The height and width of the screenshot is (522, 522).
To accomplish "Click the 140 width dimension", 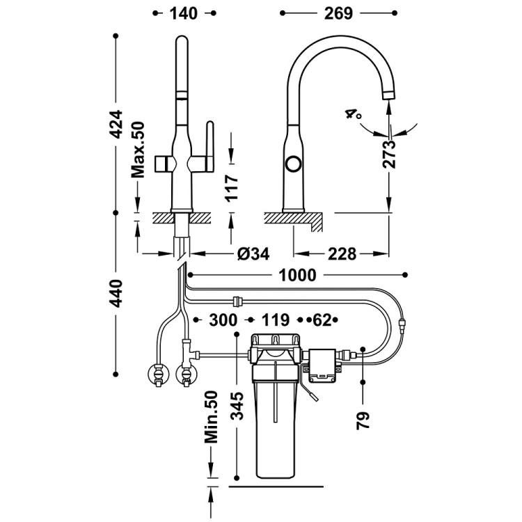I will pyautogui.click(x=183, y=13).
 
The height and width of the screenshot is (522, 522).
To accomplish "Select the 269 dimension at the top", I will pyautogui.click(x=338, y=13).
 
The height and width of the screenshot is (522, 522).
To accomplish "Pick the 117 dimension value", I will pyautogui.click(x=232, y=188).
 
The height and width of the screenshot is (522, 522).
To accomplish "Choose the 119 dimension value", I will pyautogui.click(x=276, y=319).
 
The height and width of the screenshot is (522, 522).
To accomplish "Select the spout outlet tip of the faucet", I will pyautogui.click(x=388, y=94).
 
